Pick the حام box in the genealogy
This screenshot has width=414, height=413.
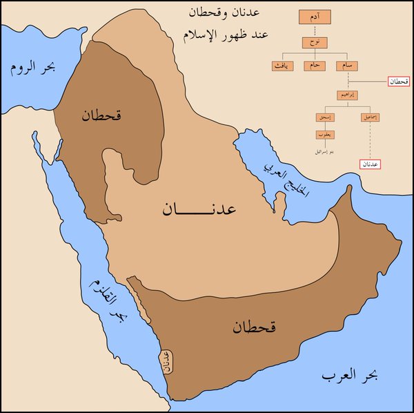click(315, 66)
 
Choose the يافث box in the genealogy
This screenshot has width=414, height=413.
click(282, 66)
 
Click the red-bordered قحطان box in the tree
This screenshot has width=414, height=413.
click(399, 81)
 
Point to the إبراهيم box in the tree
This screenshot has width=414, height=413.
click(345, 95)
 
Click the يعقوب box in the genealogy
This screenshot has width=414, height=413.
click(325, 135)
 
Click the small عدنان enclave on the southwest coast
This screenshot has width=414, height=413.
click(166, 361)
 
